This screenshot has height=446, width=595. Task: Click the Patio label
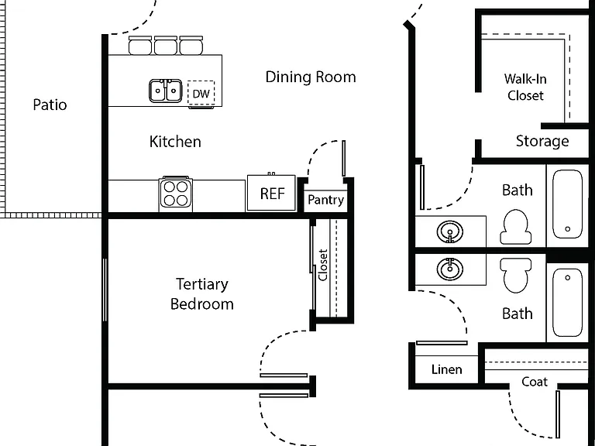[50, 105]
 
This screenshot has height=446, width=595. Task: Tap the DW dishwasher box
[201, 93]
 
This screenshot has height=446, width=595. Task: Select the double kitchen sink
[166, 91]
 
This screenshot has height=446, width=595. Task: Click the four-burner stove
[176, 194]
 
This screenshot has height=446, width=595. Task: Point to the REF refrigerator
[272, 193]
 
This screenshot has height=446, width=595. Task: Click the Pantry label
[325, 200]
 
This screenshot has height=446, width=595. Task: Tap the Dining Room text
[311, 77]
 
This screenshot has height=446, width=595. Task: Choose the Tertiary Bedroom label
[202, 294]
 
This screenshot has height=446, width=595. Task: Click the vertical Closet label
[323, 265]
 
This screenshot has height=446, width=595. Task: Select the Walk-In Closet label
[525, 87]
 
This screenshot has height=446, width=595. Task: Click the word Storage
[542, 141]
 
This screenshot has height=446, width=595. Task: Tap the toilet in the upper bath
[516, 227]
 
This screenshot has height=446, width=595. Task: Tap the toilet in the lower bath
[516, 276]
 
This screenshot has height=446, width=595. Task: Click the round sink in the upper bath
[449, 232]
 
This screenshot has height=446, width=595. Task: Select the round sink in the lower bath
[449, 269]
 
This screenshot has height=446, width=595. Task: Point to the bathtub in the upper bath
[567, 204]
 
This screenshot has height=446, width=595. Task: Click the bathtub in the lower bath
[567, 302]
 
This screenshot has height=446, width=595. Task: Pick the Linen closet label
[446, 369]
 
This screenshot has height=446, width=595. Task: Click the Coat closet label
[535, 382]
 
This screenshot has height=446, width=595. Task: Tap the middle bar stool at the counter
[166, 46]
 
